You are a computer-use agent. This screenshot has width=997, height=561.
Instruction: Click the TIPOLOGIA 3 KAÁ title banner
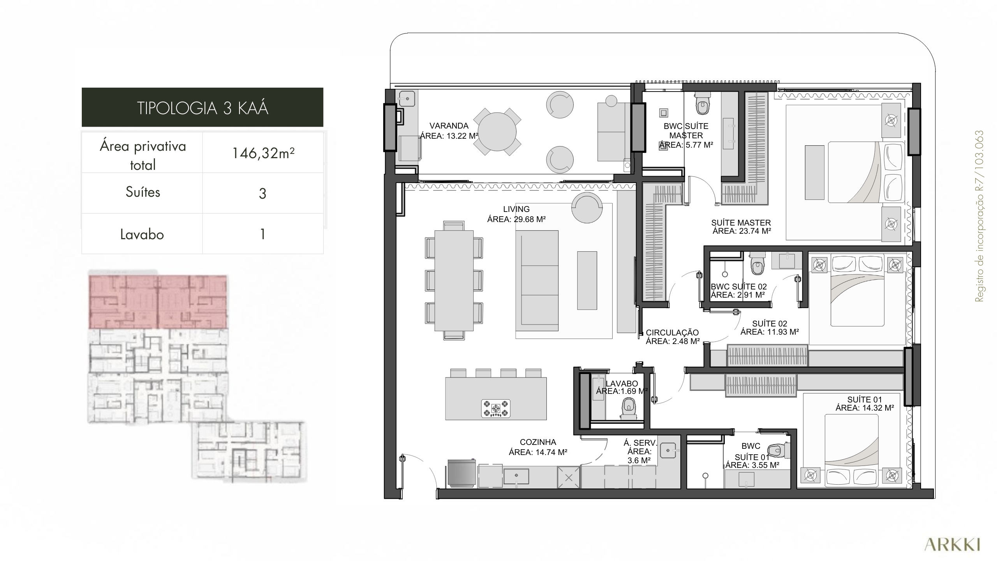(x=203, y=107)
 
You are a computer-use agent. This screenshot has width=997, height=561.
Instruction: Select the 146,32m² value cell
(x=263, y=153)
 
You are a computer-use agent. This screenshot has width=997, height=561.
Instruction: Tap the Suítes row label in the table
(x=143, y=192)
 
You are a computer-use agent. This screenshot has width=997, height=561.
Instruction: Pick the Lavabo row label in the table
(x=142, y=235)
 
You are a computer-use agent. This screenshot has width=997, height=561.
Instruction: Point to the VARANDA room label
(x=449, y=126)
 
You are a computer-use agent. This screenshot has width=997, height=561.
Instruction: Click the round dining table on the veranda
(x=497, y=132)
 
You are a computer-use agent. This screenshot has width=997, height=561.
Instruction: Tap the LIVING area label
(x=516, y=209)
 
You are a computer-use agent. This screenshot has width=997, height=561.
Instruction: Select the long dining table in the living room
(x=454, y=280)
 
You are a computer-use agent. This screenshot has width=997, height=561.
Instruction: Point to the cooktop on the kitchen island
(x=496, y=409)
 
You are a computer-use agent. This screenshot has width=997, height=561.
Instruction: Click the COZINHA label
(x=538, y=442)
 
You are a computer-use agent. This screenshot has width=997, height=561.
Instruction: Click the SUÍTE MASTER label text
(x=741, y=223)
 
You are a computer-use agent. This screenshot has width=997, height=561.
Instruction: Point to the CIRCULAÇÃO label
(x=672, y=333)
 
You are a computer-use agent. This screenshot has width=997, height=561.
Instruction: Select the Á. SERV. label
(x=640, y=443)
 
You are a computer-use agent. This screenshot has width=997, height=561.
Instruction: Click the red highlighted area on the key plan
(x=158, y=302)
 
